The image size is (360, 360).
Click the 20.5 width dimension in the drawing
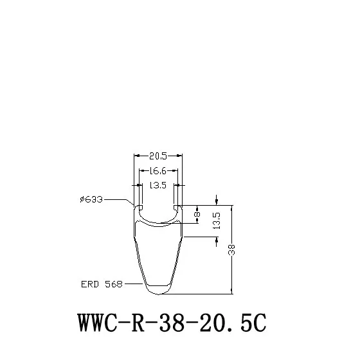158,156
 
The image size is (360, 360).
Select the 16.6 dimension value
157,171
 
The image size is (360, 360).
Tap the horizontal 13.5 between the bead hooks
157,185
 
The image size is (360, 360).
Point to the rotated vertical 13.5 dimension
217,221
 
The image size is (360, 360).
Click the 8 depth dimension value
197,214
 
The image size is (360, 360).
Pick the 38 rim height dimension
231,250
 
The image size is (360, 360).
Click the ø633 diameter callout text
91,199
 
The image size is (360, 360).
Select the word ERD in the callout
90,284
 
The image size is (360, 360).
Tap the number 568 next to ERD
114,284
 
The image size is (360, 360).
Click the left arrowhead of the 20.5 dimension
137,156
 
